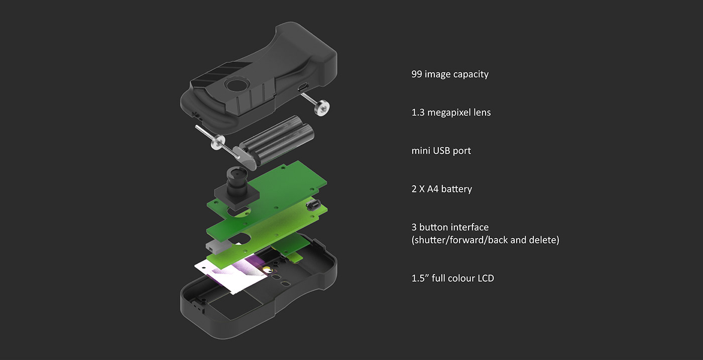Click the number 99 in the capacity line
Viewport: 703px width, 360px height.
(417, 74)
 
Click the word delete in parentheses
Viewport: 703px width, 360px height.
(543, 240)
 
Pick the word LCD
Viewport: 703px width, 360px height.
(484, 278)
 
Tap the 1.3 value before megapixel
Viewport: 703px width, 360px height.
(418, 112)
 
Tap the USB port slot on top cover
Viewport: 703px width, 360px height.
(303, 87)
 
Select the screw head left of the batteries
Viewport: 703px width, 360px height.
(217, 143)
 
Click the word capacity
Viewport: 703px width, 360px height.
(471, 74)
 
